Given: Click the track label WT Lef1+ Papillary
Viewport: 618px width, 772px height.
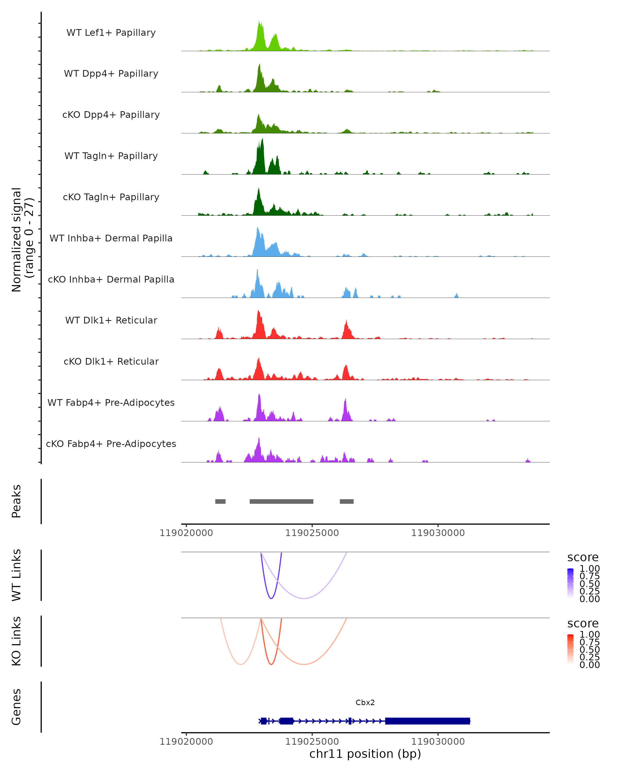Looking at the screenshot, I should [111, 33].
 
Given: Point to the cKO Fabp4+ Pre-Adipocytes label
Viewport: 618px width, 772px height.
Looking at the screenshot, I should [111, 444].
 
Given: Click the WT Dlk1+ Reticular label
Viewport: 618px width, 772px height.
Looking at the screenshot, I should [111, 320].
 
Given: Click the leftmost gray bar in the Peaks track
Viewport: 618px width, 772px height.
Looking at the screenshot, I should [220, 501].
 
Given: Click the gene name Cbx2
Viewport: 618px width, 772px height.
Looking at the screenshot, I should [365, 703].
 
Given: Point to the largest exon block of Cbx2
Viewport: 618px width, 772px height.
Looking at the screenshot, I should [427, 721].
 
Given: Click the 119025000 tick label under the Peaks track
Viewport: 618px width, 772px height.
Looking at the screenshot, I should [312, 533].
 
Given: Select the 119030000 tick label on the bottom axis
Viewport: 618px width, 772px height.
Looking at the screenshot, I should [438, 742].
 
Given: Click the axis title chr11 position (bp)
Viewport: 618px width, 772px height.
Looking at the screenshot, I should [365, 754].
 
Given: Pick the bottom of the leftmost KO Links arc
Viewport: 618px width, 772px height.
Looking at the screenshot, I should [241, 664].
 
